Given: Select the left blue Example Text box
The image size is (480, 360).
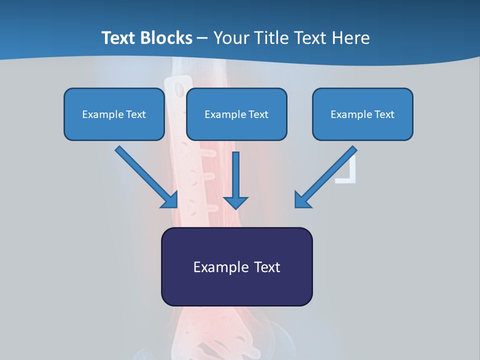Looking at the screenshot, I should pos(114,114).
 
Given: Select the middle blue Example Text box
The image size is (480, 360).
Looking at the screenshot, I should pos(236,114).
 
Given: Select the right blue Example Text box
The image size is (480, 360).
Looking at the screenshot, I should pos(362,114).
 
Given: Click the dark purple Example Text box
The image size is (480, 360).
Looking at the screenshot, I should pos(236,266).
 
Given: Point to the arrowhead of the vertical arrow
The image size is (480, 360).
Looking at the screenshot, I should pos(235,202).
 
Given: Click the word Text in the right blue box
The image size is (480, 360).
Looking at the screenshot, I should pos(384,114).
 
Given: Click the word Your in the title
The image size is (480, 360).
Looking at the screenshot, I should pos(229,38).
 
